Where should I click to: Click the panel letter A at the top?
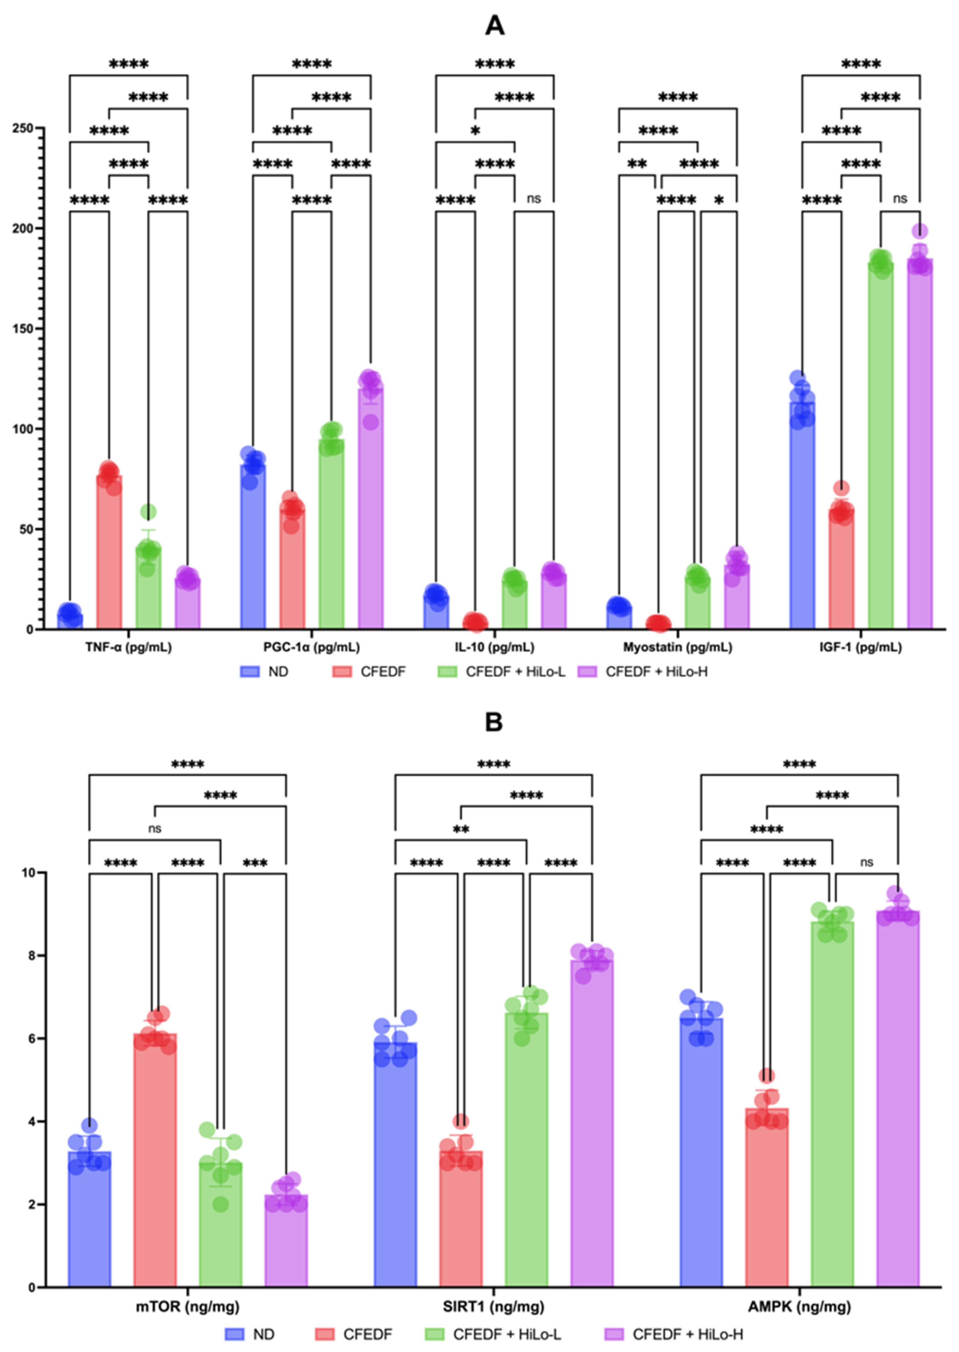pos(494,26)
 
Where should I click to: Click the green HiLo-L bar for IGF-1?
pos(880,445)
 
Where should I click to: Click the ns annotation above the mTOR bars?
pos(155,828)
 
